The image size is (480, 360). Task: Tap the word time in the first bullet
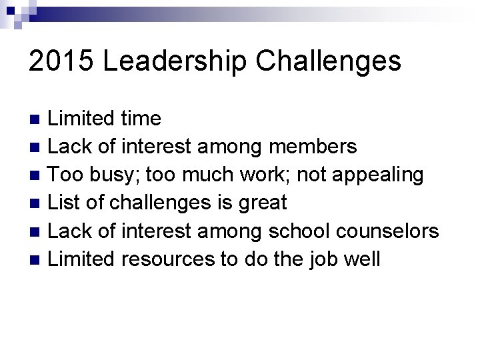[x=141, y=119]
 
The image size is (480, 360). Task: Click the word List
[x=63, y=203]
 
